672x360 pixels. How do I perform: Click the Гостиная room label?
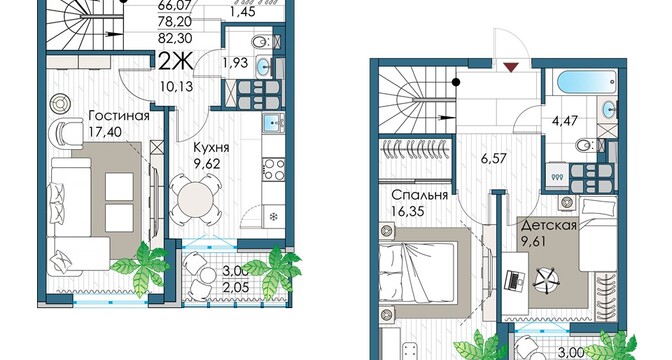[119, 116]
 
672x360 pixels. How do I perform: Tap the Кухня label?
[211, 148]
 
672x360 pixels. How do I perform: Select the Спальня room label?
[420, 195]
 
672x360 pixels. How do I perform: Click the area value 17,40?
[105, 132]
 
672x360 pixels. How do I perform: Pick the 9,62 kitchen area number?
[207, 163]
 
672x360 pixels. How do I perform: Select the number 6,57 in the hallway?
[493, 158]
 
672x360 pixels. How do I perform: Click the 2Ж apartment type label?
[176, 63]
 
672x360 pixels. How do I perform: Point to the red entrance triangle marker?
[511, 67]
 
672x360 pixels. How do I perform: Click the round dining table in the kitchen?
[195, 200]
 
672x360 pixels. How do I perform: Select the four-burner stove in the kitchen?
[274, 169]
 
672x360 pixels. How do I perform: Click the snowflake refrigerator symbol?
[273, 217]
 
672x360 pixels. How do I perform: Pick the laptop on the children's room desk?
[514, 280]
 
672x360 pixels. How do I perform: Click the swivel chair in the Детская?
[546, 277]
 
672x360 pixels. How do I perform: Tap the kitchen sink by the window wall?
[273, 123]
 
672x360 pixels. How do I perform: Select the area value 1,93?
[235, 63]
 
